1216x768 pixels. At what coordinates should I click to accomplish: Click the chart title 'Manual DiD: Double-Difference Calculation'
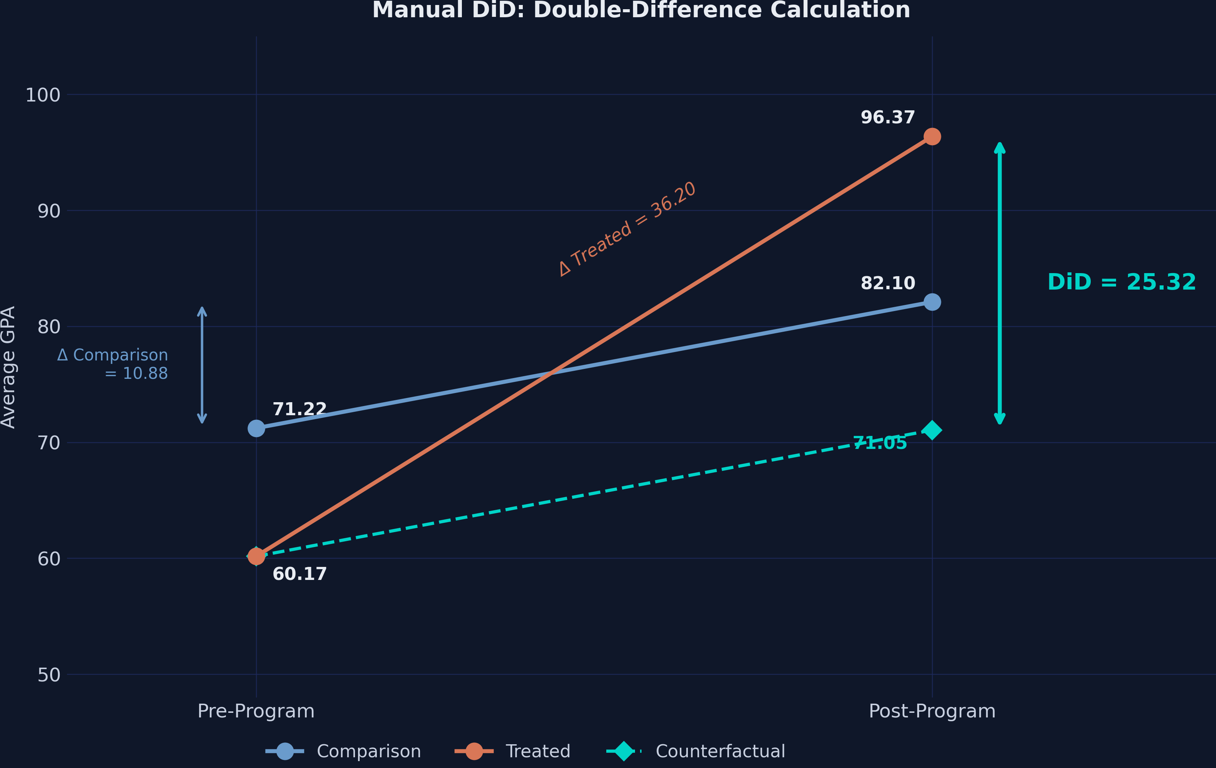tap(641, 10)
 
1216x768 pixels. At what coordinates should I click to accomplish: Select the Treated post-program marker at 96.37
tap(932, 136)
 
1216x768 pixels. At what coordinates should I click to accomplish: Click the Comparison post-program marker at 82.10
tap(932, 302)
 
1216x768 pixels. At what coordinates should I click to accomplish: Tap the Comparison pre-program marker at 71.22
tap(256, 428)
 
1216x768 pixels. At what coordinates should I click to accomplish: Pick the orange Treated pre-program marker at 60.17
tap(256, 557)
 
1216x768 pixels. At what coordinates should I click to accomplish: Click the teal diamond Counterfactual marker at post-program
tap(932, 430)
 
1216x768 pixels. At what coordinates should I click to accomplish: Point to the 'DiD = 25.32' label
tap(1121, 282)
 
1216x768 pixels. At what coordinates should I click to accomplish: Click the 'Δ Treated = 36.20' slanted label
tap(627, 229)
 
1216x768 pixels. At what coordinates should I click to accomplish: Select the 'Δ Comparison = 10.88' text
tap(113, 364)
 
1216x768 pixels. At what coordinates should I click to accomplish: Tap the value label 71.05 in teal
tap(880, 443)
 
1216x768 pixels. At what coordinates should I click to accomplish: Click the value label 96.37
tap(887, 118)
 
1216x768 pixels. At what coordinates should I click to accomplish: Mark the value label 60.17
tap(299, 574)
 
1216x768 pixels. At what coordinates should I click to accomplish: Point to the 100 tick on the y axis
tap(43, 95)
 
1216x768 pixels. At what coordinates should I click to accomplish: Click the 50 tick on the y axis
tap(49, 675)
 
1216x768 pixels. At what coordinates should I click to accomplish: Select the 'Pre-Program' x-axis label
tap(256, 711)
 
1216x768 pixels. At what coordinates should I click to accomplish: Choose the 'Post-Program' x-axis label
tap(932, 711)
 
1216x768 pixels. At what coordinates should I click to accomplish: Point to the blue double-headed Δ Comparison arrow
tap(202, 365)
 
